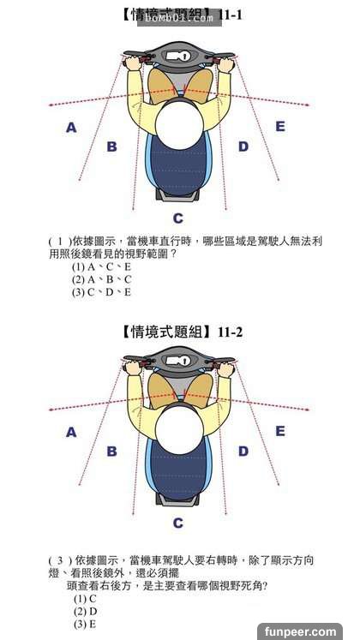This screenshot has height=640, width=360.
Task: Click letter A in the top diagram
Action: pos(71,128)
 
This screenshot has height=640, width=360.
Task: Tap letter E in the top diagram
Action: pos(280,127)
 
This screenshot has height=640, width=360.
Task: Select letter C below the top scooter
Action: pos(178,218)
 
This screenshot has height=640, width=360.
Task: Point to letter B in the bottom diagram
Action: pos(111,451)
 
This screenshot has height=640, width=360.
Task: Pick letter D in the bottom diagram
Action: pos(243,451)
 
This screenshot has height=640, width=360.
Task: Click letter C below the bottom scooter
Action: pos(178,523)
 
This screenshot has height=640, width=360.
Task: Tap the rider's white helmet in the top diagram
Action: pos(179,125)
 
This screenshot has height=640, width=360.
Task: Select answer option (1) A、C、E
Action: pos(101,267)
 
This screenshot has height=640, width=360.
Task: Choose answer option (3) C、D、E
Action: pos(101,292)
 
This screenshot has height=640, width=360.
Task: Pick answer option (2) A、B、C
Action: pos(102,279)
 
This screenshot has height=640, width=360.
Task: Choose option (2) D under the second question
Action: pos(86,612)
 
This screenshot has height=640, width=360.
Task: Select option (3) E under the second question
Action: pos(85,624)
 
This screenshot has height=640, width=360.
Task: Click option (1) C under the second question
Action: pos(85,599)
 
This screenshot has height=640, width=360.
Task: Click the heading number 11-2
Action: pos(231,332)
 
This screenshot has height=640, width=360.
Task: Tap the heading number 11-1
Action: pos(231,15)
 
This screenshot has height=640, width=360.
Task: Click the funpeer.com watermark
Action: pos(300,631)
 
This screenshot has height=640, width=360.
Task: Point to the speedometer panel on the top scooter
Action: pos(179,56)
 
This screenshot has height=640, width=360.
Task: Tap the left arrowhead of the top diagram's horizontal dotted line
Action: pos(51,105)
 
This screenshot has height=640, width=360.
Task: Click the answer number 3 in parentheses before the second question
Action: pos(59,560)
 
